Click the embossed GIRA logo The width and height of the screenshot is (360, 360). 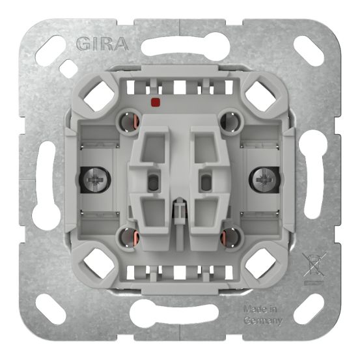tap(101, 44)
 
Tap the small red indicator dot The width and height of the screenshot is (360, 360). tap(154, 102)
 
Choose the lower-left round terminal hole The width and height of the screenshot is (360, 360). tap(127, 234)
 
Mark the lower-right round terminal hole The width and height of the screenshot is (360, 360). tap(231, 234)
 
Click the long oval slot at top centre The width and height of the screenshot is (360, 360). tap(180, 46)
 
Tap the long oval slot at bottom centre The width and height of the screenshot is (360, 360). tap(180, 314)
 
